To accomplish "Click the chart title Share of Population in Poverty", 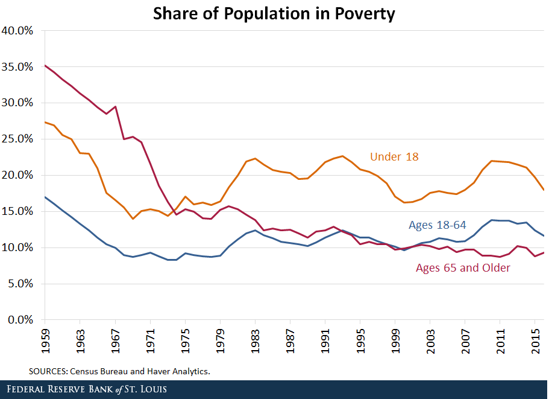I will coord(274,13).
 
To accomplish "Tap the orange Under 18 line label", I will coord(394,157).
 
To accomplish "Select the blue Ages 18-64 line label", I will coord(438,225).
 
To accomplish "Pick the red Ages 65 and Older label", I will coord(463,267).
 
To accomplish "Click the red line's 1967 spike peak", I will coord(115,107).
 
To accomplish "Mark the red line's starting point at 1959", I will coord(45,65).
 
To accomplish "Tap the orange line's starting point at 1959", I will coord(45,122).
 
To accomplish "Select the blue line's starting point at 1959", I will coord(45,197).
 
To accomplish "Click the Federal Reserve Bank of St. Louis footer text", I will coord(87,389).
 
